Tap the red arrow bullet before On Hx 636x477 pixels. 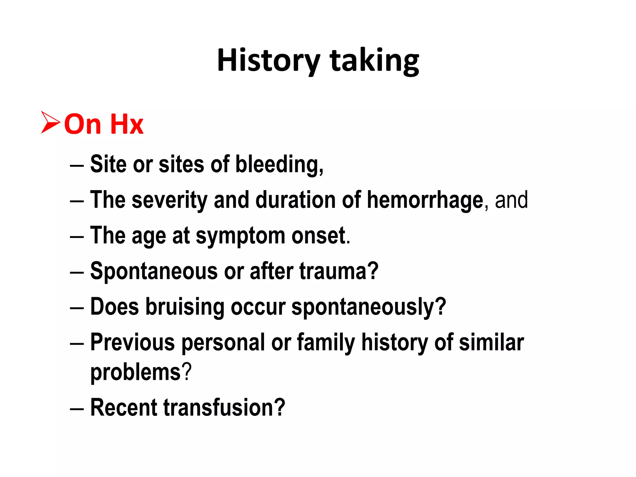51,123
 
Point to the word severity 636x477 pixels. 170,200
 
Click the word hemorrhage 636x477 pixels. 425,200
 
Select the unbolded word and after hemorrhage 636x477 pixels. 511,200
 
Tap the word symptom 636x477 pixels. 240,236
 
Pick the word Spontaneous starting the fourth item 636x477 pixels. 154,271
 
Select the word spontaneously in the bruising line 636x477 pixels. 368,307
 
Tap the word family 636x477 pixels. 326,343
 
